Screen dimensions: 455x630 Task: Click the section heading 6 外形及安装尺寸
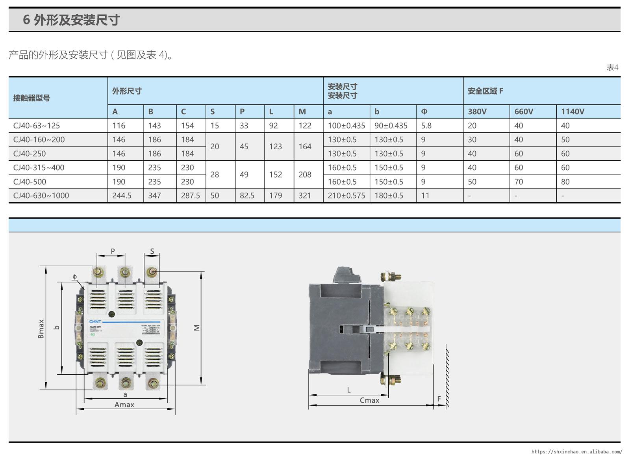coord(71,20)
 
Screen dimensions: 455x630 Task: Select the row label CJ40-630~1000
coord(41,196)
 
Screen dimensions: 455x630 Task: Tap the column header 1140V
coord(573,111)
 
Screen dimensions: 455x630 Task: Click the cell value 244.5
coord(122,196)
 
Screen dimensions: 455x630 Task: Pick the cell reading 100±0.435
coord(346,126)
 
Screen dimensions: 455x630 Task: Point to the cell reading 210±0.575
coord(346,196)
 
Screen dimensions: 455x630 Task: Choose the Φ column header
coord(424,111)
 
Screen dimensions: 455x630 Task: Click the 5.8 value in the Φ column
coord(426,126)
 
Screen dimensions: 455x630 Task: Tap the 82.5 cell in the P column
coord(247,196)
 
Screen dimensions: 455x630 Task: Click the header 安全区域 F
coord(485,91)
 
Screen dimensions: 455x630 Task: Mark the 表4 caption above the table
coord(612,68)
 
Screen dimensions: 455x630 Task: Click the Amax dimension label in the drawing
coord(124,405)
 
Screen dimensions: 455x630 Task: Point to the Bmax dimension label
coord(41,329)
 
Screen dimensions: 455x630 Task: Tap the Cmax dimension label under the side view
coord(369,400)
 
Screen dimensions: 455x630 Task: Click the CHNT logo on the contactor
coord(95,322)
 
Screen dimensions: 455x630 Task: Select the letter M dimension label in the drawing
coord(197,327)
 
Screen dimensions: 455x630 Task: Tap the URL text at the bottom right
coord(576,451)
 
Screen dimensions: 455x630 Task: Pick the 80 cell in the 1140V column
coord(565,182)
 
